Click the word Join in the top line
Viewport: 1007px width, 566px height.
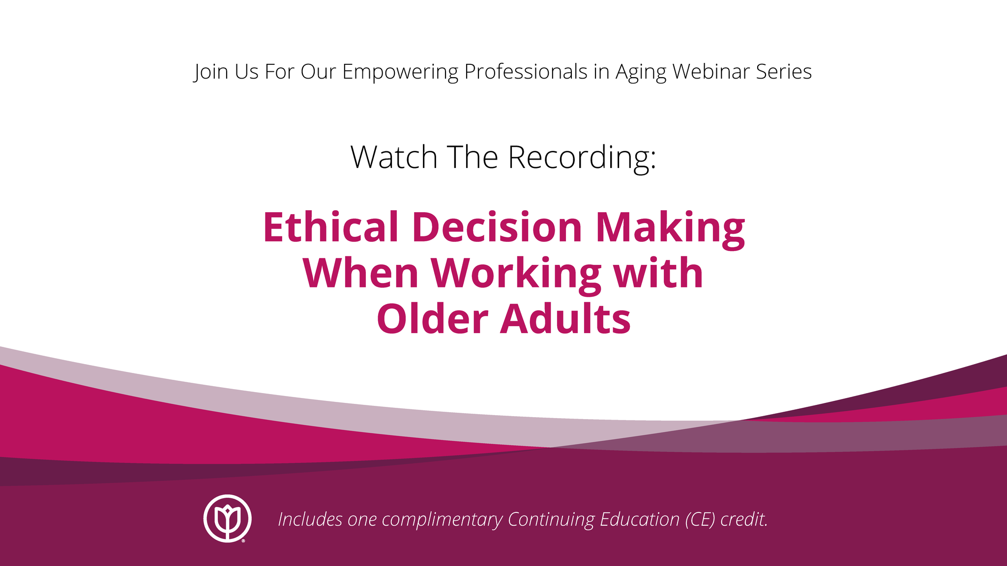pyautogui.click(x=211, y=72)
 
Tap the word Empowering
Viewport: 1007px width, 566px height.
pyautogui.click(x=400, y=72)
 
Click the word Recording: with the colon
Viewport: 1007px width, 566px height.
pyautogui.click(x=582, y=158)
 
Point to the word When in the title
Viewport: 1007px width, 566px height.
pyautogui.click(x=360, y=273)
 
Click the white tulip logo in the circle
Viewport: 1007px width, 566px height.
pyautogui.click(x=228, y=518)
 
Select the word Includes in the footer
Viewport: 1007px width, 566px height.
pyautogui.click(x=310, y=519)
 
